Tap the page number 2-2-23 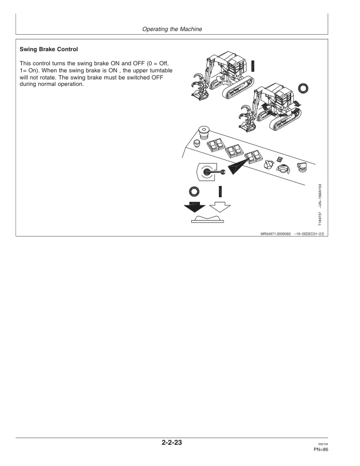pyautogui.click(x=180, y=442)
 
